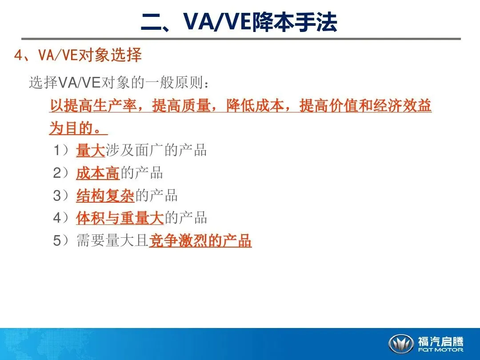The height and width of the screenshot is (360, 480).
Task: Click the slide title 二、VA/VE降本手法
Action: click(x=239, y=22)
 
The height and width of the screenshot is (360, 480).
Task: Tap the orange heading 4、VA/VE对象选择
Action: click(x=78, y=55)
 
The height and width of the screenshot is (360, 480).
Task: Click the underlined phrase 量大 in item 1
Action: click(x=91, y=150)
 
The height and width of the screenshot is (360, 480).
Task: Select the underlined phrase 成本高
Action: click(x=98, y=173)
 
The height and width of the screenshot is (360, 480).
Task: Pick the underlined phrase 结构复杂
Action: click(x=105, y=196)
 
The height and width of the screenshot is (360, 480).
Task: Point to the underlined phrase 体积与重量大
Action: click(x=120, y=218)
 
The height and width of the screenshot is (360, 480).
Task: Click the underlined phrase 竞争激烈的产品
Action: click(x=200, y=240)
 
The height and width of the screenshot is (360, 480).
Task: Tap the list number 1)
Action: click(x=61, y=150)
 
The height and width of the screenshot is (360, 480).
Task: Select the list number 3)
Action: click(x=61, y=196)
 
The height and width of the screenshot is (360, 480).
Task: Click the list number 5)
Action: click(x=61, y=240)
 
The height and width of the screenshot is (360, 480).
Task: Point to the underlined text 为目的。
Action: click(x=78, y=128)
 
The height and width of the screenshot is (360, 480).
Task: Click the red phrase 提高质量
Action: click(x=181, y=106)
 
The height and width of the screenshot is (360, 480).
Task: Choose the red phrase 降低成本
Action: click(x=255, y=106)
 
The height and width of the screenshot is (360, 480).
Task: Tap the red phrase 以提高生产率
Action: click(x=93, y=106)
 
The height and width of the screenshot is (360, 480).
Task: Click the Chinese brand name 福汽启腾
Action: click(x=440, y=341)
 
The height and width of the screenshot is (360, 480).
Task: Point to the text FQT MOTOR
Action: click(x=440, y=350)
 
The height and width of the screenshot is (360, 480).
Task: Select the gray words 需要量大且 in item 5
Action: click(x=112, y=240)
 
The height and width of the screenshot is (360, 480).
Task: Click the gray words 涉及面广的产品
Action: click(x=156, y=150)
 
